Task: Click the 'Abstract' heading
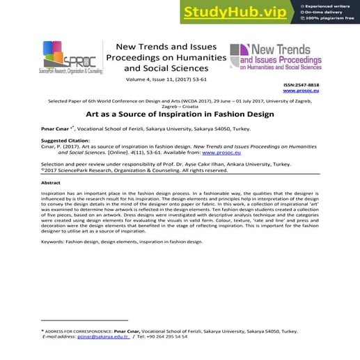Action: coord(51,182)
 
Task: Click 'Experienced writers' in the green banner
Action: coord(327,6)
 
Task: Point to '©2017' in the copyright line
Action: coord(51,170)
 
